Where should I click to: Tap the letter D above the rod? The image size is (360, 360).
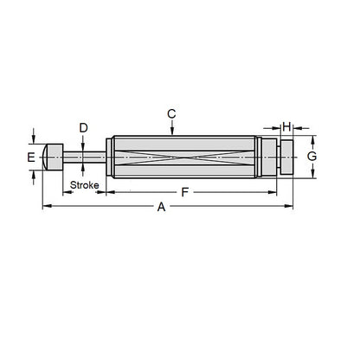(83, 128)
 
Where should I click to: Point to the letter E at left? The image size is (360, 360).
(31, 157)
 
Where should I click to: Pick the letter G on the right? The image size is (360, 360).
(312, 157)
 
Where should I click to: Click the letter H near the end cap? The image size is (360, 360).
(286, 127)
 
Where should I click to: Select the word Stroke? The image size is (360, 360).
(84, 185)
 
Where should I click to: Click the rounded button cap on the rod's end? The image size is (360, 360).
(53, 157)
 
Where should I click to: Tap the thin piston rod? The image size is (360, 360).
(87, 157)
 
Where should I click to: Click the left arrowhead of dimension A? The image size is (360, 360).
(45, 206)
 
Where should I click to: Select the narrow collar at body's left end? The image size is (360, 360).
(110, 157)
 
